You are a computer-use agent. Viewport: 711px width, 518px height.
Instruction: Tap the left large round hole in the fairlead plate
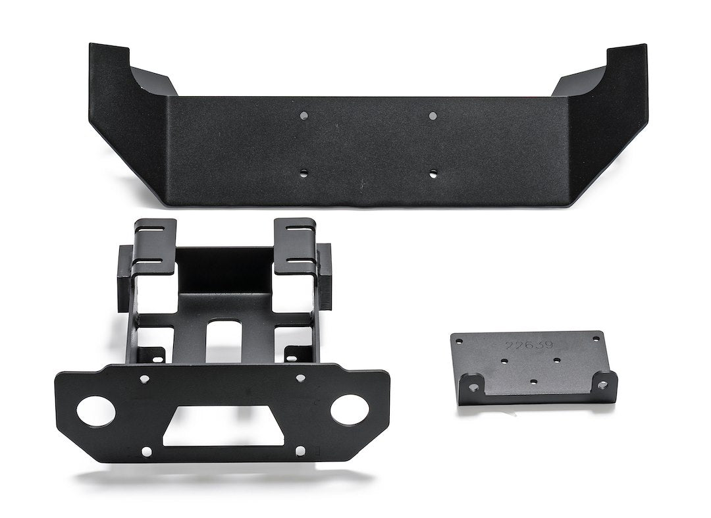[x=96, y=411]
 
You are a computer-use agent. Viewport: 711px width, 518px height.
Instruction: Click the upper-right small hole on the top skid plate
[x=433, y=116]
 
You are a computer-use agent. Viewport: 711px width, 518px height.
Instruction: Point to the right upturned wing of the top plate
[x=612, y=76]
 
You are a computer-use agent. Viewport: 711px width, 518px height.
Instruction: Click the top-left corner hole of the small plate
[x=460, y=342]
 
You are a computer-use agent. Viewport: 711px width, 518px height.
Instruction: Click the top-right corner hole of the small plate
[x=596, y=339]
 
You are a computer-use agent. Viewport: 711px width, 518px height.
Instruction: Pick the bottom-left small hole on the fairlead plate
[x=146, y=451]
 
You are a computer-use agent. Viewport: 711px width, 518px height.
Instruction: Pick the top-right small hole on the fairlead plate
[x=300, y=378]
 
